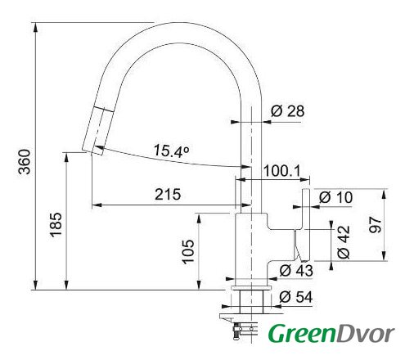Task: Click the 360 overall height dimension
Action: (x=25, y=161)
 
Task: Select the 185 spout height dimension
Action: (x=56, y=224)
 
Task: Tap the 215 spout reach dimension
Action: (x=168, y=195)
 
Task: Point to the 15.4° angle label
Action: (x=172, y=151)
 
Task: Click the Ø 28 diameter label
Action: (x=287, y=111)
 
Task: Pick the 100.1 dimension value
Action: (x=281, y=171)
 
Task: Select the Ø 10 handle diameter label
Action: (x=335, y=197)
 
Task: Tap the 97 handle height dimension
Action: (x=375, y=225)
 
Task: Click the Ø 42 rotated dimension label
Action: (x=343, y=242)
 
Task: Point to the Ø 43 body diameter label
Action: (x=296, y=271)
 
